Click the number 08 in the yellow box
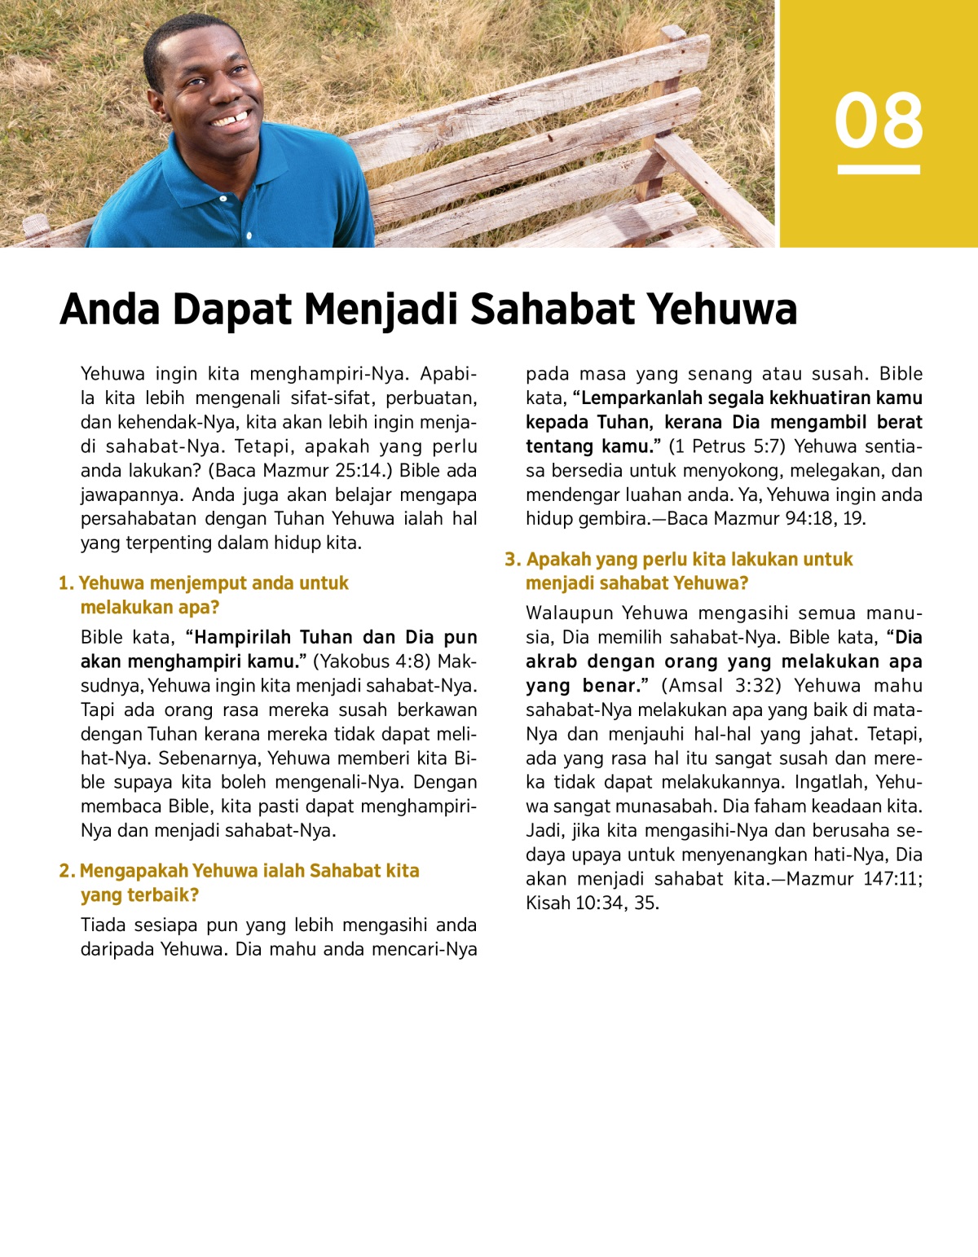click(879, 121)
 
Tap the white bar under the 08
click(879, 169)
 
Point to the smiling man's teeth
click(230, 120)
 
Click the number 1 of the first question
click(64, 583)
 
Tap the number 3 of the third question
click(511, 560)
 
